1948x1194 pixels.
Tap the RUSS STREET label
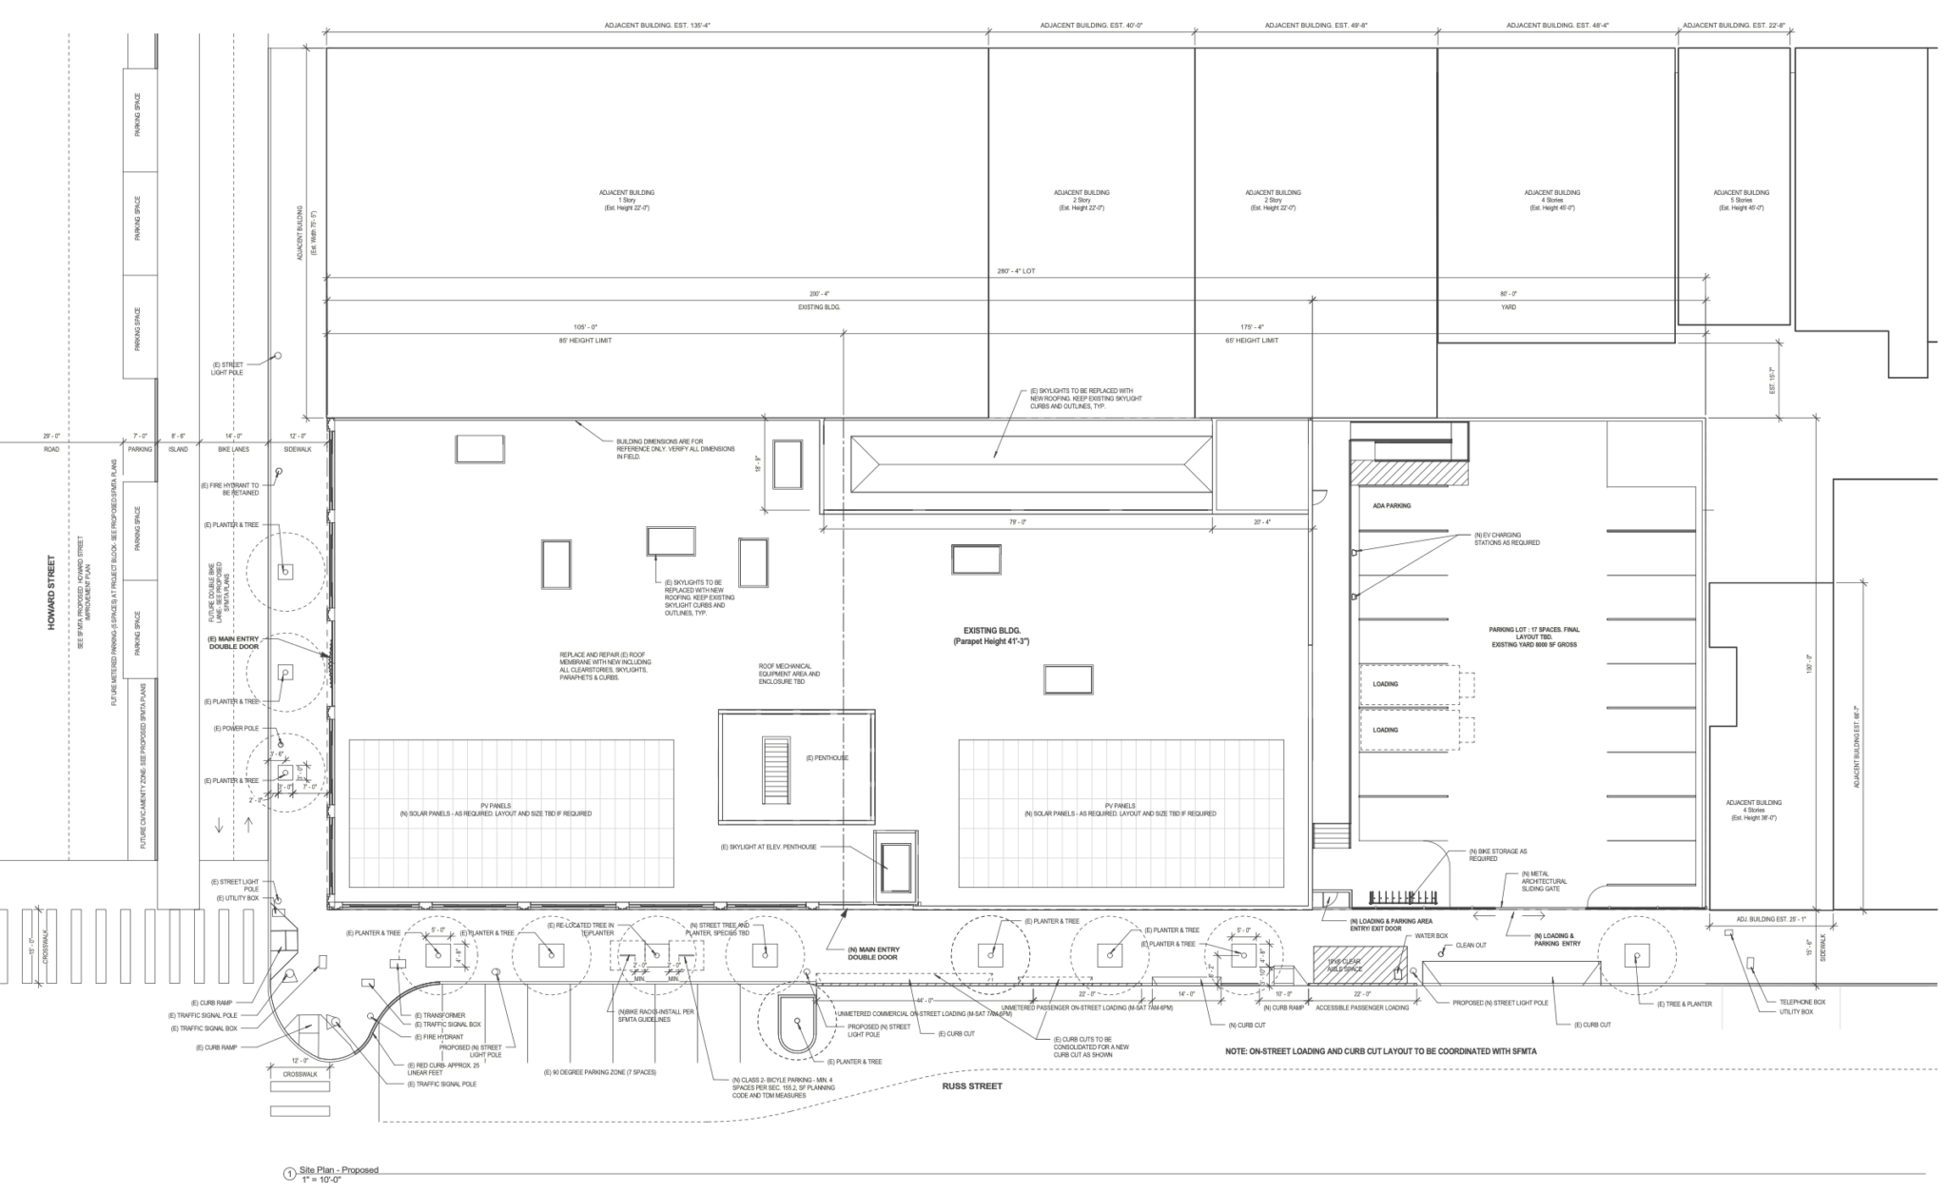point(972,1086)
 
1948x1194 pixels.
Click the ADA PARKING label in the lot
point(1392,506)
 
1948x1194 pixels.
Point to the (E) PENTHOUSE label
point(827,758)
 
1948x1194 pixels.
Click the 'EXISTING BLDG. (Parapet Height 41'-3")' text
point(992,636)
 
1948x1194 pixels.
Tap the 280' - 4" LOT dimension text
point(1016,271)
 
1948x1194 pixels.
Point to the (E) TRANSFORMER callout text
point(440,1015)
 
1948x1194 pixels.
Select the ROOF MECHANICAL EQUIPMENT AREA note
point(789,675)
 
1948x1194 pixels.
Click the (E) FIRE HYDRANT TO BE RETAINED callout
point(230,489)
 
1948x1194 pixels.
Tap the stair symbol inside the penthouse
point(776,770)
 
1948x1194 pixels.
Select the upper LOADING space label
point(1385,684)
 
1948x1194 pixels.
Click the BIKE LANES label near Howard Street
point(233,449)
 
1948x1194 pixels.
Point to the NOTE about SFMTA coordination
point(1380,1051)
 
